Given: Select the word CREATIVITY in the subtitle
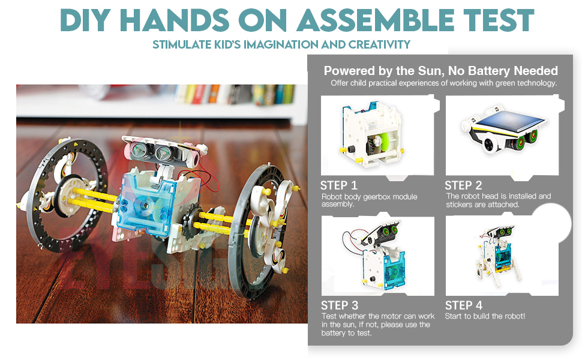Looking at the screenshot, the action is (379, 44).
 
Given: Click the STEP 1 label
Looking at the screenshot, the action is (338, 185).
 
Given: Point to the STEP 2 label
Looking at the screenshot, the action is (463, 185).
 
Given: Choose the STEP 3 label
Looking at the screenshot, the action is (340, 305).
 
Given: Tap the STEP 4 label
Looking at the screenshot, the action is (464, 305).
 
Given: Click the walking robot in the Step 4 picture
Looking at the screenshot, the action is (497, 256).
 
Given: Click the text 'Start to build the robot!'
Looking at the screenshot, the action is (485, 316).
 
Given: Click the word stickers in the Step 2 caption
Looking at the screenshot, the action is (460, 205).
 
